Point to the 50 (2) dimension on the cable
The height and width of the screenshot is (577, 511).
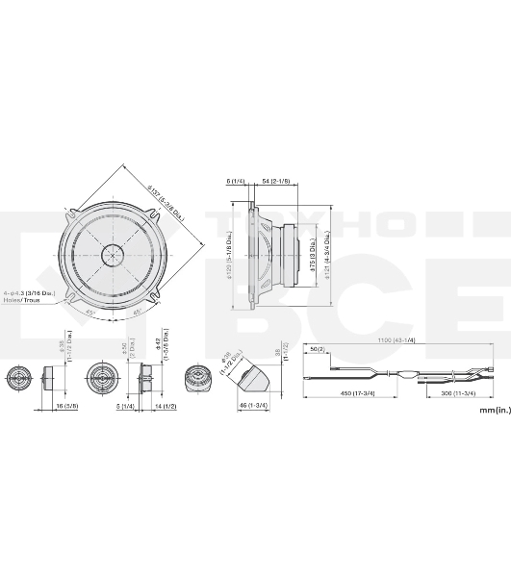click(x=318, y=350)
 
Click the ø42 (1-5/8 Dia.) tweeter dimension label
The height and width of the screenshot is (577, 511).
click(x=166, y=350)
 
